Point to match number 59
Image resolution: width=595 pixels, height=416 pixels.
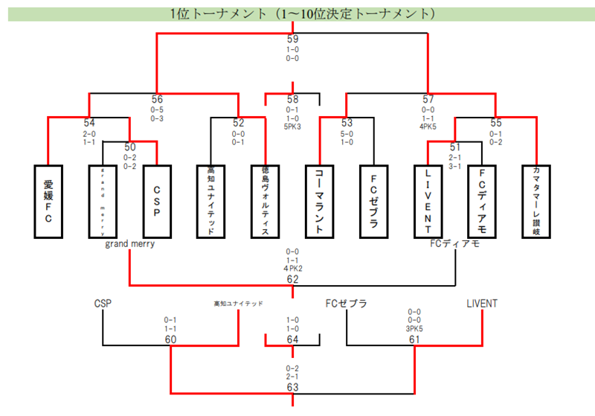click(292, 39)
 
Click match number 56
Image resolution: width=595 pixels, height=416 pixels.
click(157, 99)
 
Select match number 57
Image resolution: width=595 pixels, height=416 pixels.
click(428, 99)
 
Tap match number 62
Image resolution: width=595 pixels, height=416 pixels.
click(292, 279)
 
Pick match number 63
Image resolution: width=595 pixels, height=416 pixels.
click(292, 387)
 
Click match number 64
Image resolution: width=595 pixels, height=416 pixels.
click(292, 340)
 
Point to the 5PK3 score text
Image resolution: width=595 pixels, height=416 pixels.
click(292, 127)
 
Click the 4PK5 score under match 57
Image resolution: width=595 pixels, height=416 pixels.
click(428, 127)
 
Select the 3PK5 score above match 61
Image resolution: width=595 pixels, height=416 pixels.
click(414, 329)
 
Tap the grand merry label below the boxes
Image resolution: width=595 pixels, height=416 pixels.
click(129, 243)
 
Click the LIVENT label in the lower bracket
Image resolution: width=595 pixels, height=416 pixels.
click(482, 304)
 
